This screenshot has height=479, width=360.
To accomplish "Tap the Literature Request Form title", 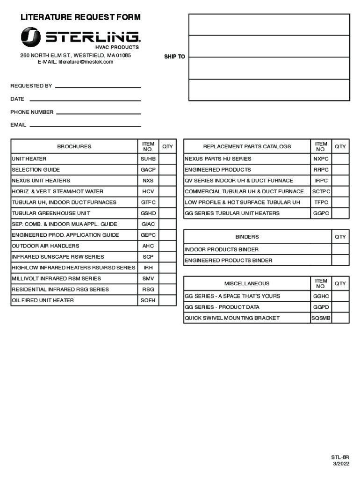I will pos(80,18).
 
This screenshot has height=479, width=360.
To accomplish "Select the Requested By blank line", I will pos(98,87).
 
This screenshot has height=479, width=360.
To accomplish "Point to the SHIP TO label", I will pos(174,57).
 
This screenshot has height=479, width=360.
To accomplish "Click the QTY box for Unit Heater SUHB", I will pos(167,159).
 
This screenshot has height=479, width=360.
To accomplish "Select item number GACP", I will pos(148,170).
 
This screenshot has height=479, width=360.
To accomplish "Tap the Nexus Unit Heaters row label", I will pos(41,181).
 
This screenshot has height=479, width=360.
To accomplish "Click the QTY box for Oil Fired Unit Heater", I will pos(167,300).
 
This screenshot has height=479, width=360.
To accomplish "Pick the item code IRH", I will pos(148,268).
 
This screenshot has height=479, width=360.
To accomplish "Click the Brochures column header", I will pos(74,146).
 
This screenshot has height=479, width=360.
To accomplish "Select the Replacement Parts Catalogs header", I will pos(247,146).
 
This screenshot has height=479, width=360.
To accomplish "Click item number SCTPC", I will pos(321,191).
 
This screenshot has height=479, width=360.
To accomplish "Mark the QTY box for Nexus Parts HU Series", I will pos(340,159).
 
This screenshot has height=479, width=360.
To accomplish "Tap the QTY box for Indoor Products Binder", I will pos(340,249).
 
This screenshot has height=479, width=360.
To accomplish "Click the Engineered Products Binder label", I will pos(228,261).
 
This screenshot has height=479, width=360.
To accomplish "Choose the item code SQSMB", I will pos(321,318).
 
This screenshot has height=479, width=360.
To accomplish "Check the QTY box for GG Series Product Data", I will pos(340,307).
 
